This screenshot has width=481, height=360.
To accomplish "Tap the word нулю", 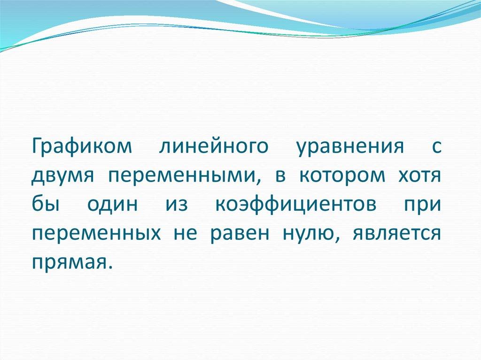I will [x=307, y=233].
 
